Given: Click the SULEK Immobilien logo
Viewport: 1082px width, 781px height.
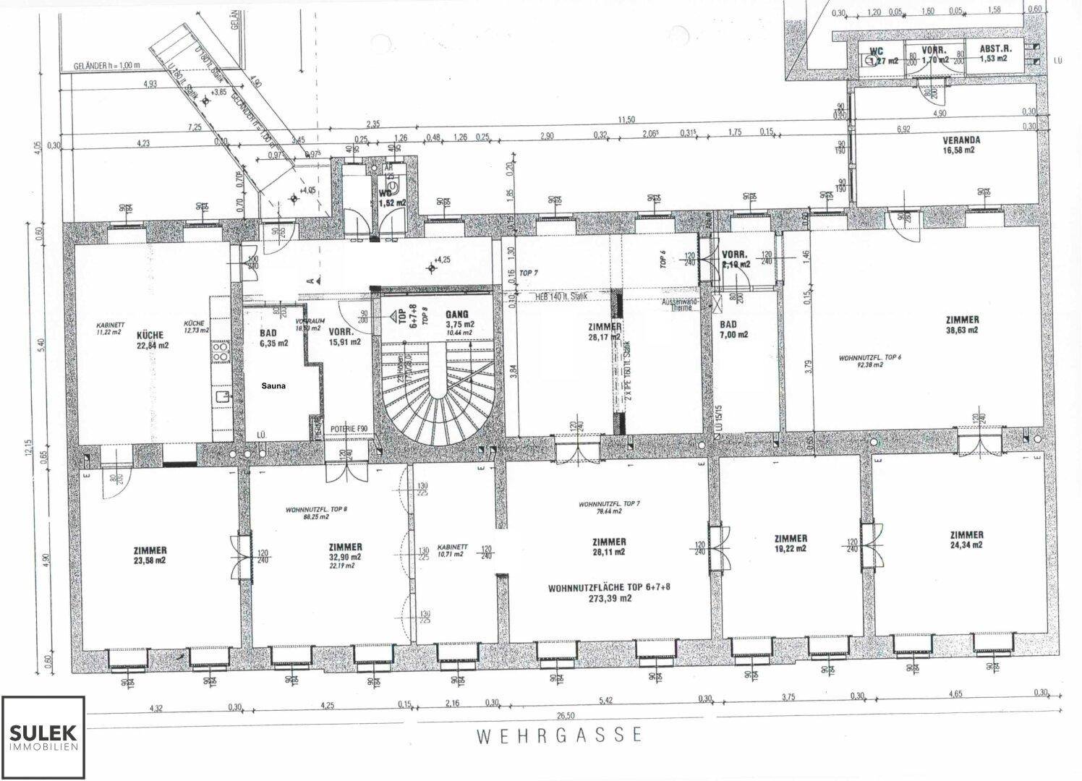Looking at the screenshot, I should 43,738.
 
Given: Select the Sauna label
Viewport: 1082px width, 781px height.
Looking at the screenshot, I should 273,386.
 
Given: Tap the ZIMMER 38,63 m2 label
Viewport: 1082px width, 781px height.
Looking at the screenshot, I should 961,324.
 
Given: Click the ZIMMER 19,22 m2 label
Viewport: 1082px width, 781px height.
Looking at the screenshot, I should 790,544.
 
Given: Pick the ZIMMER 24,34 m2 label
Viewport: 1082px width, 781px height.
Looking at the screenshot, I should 966,540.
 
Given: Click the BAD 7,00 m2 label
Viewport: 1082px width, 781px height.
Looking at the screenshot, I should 733,330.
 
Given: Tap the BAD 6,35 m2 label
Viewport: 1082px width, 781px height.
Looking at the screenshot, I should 273,338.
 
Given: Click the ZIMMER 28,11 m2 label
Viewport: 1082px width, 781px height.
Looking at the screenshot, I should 609,547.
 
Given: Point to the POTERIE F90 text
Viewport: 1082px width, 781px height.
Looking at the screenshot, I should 349,429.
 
